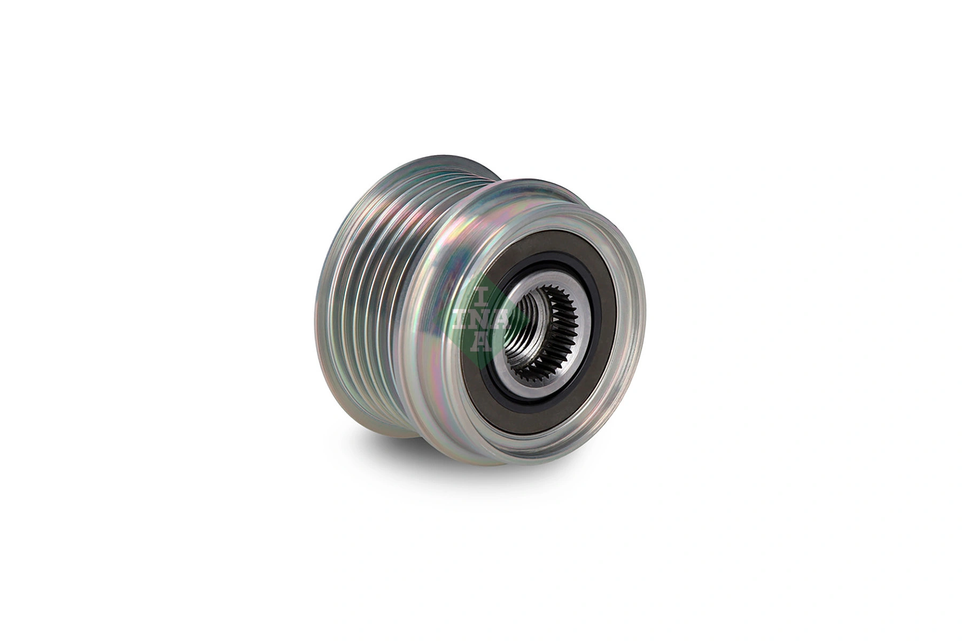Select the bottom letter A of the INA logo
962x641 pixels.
point(482,342)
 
